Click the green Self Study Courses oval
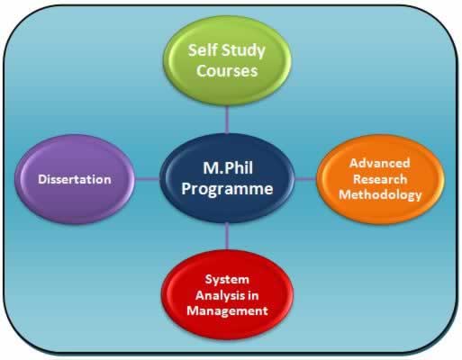pos(227,61)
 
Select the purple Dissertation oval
pos(75,179)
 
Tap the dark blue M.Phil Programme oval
pos(227,178)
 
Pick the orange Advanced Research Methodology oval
pos(380,179)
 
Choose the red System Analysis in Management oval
pos(227,295)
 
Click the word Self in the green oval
pos(198,50)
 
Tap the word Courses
pos(227,71)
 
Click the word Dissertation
pos(75,179)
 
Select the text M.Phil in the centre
pos(228,168)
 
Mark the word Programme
pos(227,190)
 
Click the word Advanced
pos(380,163)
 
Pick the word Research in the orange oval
pos(380,179)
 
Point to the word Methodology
pos(380,195)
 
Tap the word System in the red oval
pos(227,280)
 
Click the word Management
pos(227,310)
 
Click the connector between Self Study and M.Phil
pos(227,120)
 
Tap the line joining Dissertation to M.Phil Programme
pos(147,179)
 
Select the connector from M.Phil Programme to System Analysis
pos(227,237)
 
